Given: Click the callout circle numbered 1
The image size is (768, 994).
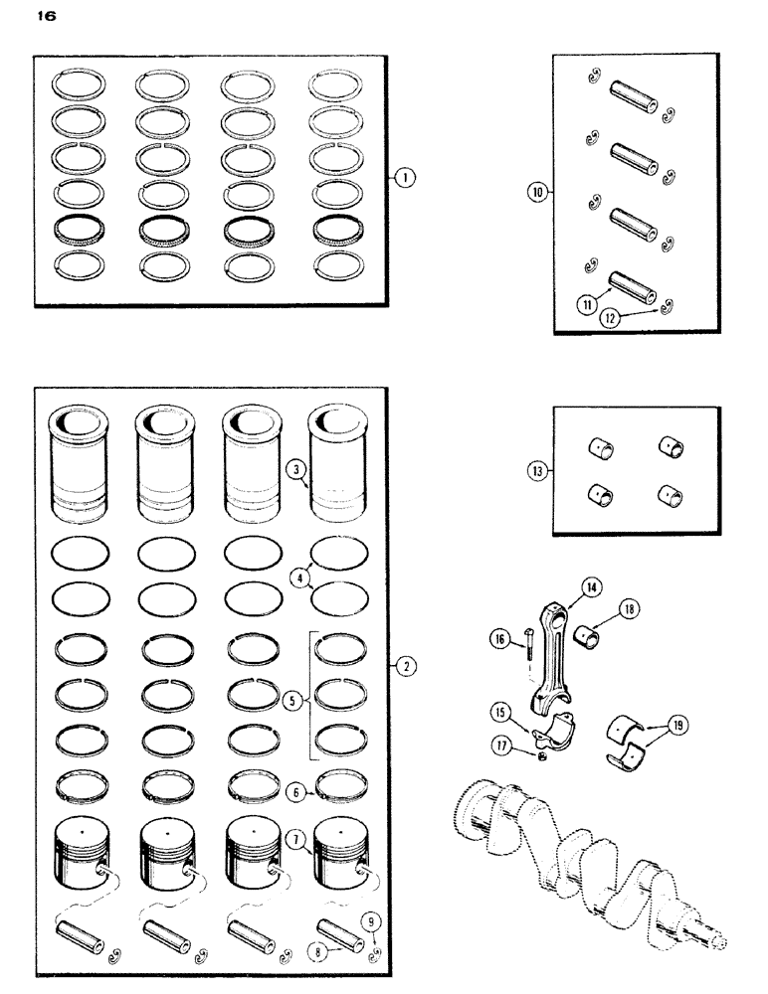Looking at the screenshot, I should pos(405,179).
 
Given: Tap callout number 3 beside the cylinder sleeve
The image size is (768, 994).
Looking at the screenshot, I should pos(294,468).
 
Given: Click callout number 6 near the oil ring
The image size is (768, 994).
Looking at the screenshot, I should pos(294,792).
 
